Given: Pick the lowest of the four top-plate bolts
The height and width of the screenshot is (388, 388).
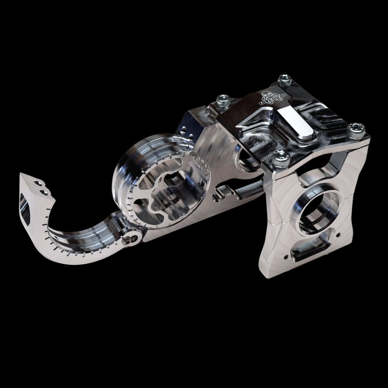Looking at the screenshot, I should click(278, 157).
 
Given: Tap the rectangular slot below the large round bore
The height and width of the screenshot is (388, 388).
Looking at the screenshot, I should click(310, 252).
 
